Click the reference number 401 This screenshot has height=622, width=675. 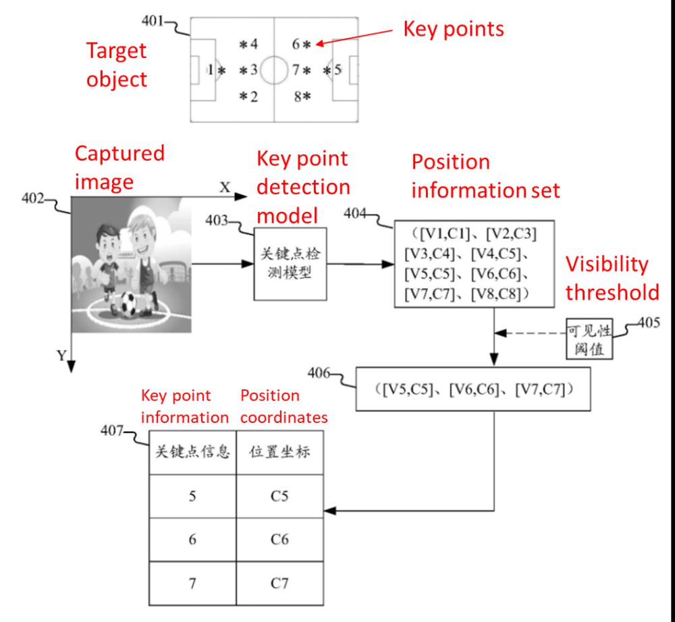tap(153, 21)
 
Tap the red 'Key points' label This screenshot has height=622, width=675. tap(453, 29)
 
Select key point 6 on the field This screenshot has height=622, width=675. tap(301, 45)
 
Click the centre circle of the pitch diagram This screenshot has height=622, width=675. tap(274, 69)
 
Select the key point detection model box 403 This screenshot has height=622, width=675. tap(289, 264)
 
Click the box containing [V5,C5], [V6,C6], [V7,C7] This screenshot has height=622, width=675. tap(473, 390)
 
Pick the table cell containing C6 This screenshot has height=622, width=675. tap(279, 539)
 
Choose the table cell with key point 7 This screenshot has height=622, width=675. tap(192, 582)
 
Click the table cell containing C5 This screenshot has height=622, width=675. tap(279, 497)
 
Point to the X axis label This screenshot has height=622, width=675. tap(225, 188)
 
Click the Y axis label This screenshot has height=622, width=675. tap(61, 356)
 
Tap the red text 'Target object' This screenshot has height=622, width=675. tap(116, 65)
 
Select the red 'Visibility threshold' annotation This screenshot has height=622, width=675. tap(612, 278)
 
